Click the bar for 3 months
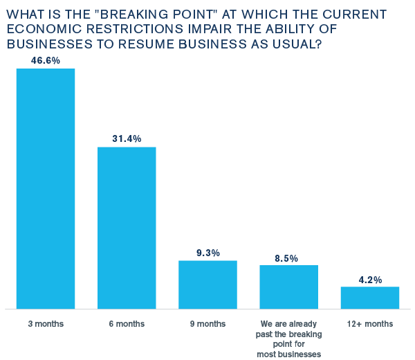[x=46, y=188]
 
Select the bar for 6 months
[x=127, y=228]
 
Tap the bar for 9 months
[x=207, y=285]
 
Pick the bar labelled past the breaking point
[x=288, y=287]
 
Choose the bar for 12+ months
[x=370, y=298]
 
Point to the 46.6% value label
[x=46, y=61]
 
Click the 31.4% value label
[x=127, y=138]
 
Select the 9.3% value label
[x=208, y=253]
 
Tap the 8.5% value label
[x=286, y=258]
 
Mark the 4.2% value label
[x=370, y=280]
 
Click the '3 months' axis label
[x=46, y=324]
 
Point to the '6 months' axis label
[x=127, y=324]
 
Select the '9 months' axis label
[x=207, y=324]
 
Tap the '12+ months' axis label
[x=370, y=324]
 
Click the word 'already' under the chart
[x=303, y=324]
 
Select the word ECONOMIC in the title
[x=44, y=29]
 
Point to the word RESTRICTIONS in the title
[x=135, y=29]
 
